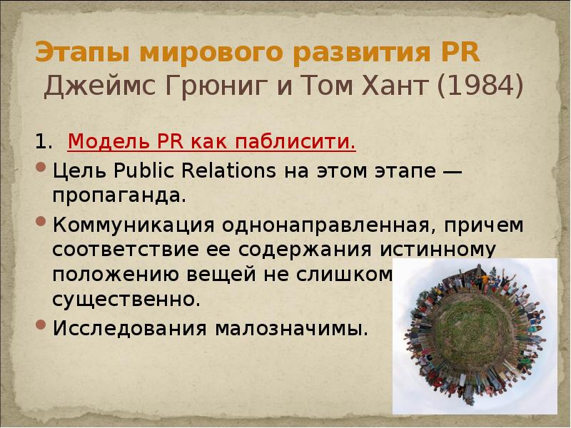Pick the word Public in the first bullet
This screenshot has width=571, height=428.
143,171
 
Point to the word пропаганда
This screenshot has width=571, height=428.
118,194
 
